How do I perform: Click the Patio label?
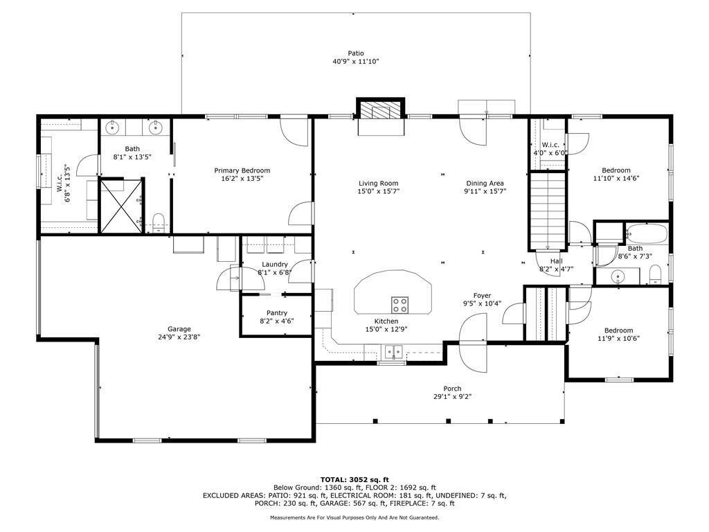pyautogui.click(x=355, y=53)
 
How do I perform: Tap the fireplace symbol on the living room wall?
pyautogui.click(x=379, y=111)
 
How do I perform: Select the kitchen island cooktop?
pyautogui.click(x=400, y=304)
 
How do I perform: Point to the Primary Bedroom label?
pyautogui.click(x=242, y=170)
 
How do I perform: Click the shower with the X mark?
pyautogui.click(x=121, y=205)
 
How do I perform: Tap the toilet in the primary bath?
pyautogui.click(x=159, y=222)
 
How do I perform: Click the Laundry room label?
pyautogui.click(x=275, y=264)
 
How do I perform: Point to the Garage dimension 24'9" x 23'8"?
pyautogui.click(x=179, y=337)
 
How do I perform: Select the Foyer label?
pyautogui.click(x=482, y=296)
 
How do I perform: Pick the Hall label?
pyautogui.click(x=556, y=261)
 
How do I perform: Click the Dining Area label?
pyautogui.click(x=485, y=183)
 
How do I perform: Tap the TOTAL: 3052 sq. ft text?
pyautogui.click(x=354, y=479)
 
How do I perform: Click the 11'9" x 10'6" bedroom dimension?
pyautogui.click(x=618, y=339)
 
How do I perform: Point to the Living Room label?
pyautogui.click(x=378, y=183)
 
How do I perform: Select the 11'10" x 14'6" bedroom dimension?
pyautogui.click(x=616, y=178)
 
